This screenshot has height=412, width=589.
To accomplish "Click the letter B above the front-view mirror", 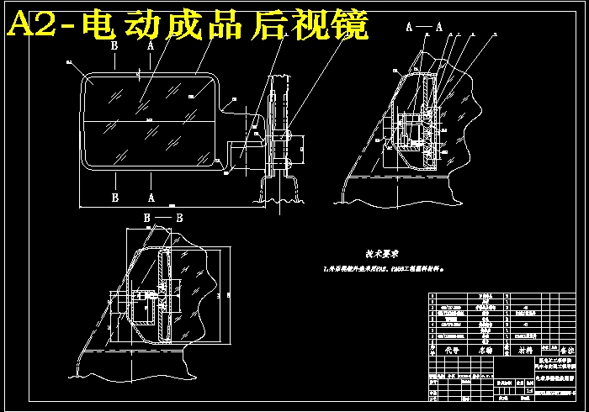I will tap(114, 48).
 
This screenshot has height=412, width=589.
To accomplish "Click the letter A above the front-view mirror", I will tap(150, 48).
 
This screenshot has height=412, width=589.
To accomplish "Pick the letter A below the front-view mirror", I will tap(150, 198).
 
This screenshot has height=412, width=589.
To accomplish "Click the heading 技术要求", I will tap(380, 252).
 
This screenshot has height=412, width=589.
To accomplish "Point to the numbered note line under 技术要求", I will tap(383, 270).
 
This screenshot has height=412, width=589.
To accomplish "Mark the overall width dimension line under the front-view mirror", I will tap(168, 206).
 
